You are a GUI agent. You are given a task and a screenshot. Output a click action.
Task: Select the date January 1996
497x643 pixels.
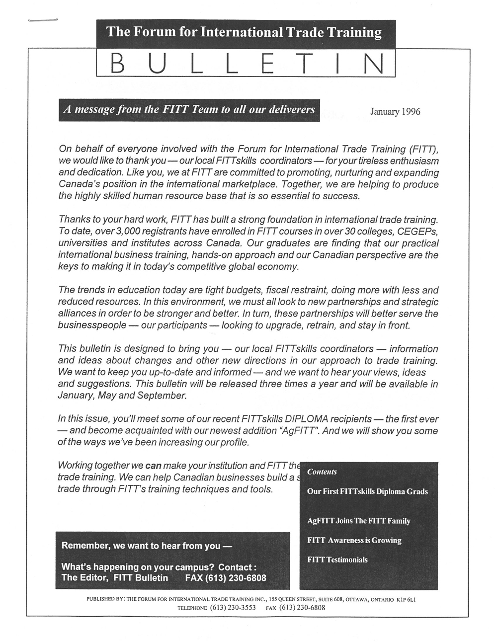click(395, 111)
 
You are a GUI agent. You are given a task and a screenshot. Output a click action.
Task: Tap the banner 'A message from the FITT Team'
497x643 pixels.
click(189, 109)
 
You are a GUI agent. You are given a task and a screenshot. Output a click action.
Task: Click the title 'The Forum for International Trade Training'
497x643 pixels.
click(245, 33)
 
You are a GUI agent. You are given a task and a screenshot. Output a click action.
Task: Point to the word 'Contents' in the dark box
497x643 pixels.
click(322, 472)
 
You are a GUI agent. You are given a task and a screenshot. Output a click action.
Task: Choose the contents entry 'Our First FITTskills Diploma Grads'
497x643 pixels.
click(367, 491)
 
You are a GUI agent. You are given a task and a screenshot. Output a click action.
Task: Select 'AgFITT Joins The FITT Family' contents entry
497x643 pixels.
click(359, 521)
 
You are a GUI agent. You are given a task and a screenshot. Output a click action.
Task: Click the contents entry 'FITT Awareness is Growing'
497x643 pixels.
click(354, 540)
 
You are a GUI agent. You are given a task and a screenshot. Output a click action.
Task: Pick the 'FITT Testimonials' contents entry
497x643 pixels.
click(337, 560)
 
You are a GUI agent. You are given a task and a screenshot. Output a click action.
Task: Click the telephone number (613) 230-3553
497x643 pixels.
click(233, 607)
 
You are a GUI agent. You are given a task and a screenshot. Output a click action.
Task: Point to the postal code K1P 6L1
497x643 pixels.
click(406, 599)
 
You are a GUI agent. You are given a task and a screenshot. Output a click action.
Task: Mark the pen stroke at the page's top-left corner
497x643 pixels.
click(43, 20)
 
